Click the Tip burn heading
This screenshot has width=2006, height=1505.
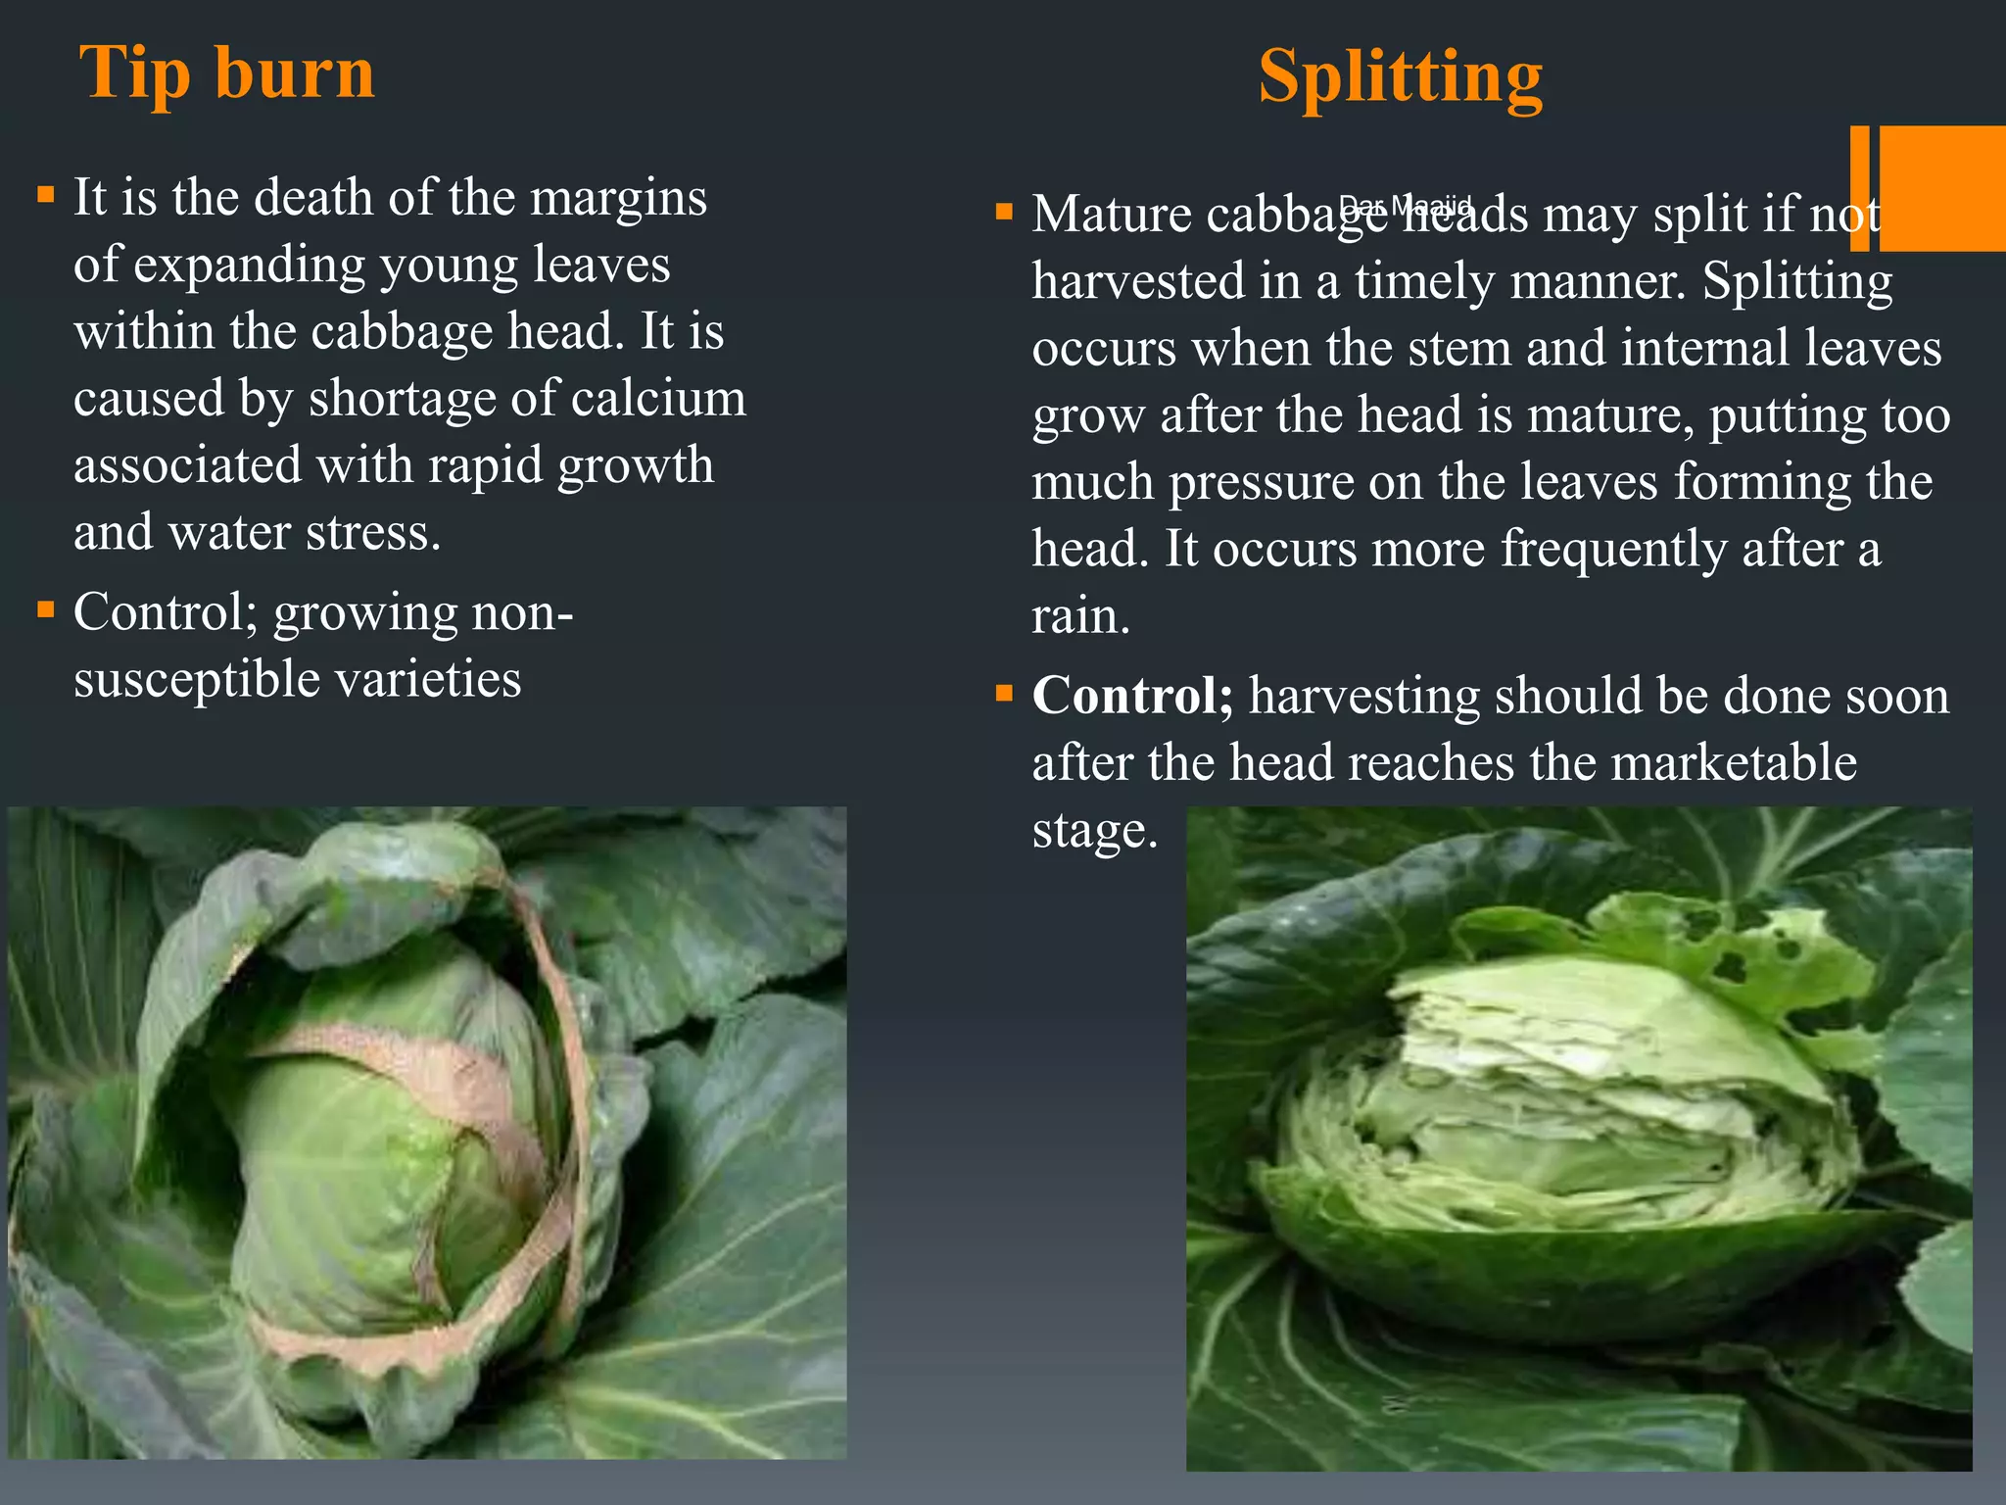(227, 73)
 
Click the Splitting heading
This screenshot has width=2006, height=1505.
(1400, 76)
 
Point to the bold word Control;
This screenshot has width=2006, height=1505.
(1132, 696)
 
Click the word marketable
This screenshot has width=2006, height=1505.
(1734, 762)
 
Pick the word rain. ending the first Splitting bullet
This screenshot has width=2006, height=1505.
(1080, 616)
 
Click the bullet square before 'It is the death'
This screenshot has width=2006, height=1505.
(45, 194)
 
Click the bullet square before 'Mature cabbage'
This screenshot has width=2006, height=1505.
(1003, 211)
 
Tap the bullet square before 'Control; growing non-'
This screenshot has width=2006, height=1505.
(45, 609)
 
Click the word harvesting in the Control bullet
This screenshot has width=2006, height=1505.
(1363, 696)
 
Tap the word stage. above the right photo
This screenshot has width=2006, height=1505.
(1095, 830)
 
